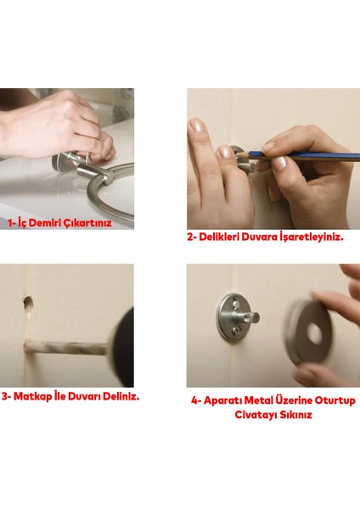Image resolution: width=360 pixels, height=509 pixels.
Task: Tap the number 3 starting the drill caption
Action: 5,395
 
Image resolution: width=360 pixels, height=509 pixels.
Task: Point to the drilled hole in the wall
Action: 30,300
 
